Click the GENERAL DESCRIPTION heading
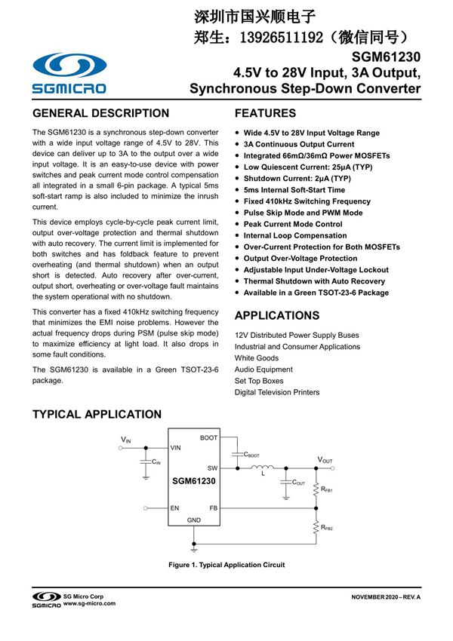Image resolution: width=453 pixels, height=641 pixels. (100, 114)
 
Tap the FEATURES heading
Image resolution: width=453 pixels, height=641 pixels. (265, 114)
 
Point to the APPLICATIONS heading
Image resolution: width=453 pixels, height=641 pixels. (277, 315)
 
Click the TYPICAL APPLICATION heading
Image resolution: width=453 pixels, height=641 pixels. (97, 414)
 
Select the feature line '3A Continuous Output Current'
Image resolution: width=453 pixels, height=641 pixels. (298, 145)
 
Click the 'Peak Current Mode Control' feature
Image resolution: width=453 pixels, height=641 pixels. (292, 224)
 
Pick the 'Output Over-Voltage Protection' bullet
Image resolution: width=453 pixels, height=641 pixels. (300, 259)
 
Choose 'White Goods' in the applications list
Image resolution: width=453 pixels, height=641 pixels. (257, 358)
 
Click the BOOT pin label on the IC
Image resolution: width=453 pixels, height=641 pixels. (208, 438)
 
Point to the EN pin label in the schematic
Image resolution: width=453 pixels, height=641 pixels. (174, 508)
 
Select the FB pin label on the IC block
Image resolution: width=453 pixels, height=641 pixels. (213, 508)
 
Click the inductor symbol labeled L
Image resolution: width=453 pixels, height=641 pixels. (263, 469)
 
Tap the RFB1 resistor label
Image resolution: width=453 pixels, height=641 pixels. (327, 489)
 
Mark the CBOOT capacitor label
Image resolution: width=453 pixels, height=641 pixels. (251, 455)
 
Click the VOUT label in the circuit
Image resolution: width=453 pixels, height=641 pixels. (325, 459)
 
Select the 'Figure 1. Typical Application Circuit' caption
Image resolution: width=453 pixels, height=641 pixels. (226, 565)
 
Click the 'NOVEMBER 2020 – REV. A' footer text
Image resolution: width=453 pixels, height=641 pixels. (385, 597)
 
